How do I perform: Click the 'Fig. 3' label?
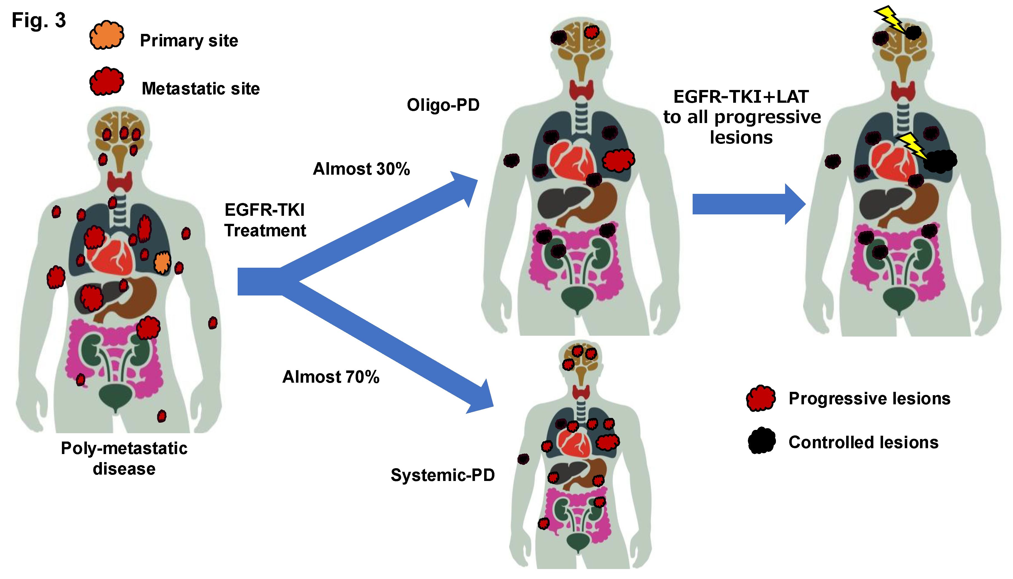click(39, 20)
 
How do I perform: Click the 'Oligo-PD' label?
click(443, 105)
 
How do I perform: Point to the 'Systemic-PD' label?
click(442, 475)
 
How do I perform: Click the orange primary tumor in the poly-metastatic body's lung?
click(162, 262)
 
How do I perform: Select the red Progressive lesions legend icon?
click(760, 398)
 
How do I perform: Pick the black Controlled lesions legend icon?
click(761, 441)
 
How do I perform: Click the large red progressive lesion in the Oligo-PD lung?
click(618, 160)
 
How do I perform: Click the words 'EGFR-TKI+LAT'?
click(741, 97)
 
